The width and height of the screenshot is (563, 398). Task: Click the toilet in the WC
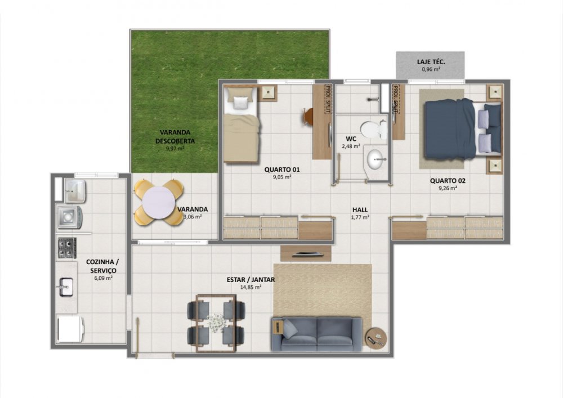tap(373, 129)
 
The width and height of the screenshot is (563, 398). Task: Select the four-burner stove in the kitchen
tap(67, 248)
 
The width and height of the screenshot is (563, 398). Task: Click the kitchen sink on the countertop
tap(66, 287)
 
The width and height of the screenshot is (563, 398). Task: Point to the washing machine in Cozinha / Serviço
tap(70, 217)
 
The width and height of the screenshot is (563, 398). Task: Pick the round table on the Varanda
tap(158, 203)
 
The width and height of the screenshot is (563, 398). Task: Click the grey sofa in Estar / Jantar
tap(316, 334)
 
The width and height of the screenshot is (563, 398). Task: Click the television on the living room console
tap(306, 255)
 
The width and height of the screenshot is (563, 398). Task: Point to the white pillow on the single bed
tap(240, 102)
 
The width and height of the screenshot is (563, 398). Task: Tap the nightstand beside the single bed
tap(269, 92)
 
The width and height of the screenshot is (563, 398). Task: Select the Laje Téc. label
tap(431, 62)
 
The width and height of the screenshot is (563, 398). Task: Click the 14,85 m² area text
tap(251, 287)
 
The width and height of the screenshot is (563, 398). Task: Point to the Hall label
tap(360, 210)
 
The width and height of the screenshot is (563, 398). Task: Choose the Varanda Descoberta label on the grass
tap(175, 137)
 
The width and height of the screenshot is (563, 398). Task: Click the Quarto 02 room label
tap(448, 181)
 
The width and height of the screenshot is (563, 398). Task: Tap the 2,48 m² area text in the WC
tap(351, 146)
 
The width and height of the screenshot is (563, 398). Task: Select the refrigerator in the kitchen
tap(71, 329)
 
